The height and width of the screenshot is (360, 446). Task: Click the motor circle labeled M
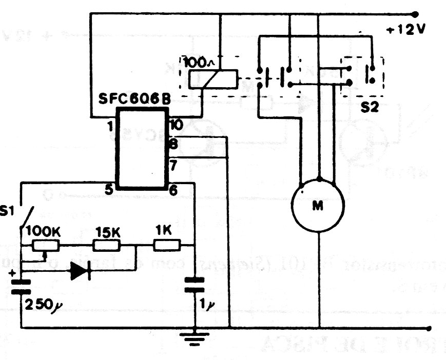(318, 205)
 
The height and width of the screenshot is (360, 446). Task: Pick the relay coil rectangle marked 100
(212, 79)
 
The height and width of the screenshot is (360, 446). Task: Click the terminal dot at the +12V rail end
(415, 14)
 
